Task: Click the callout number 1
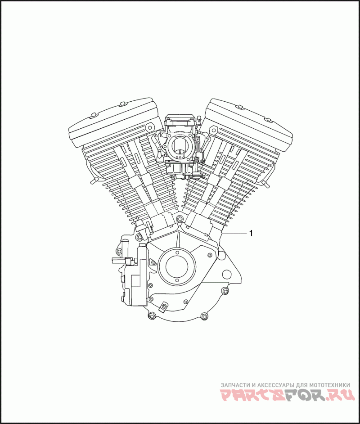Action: (251, 233)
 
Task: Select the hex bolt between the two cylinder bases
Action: (179, 218)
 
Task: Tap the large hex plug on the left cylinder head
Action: (149, 127)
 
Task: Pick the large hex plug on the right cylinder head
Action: (213, 130)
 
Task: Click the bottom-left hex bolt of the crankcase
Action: (151, 316)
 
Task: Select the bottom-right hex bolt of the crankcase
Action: (205, 316)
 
